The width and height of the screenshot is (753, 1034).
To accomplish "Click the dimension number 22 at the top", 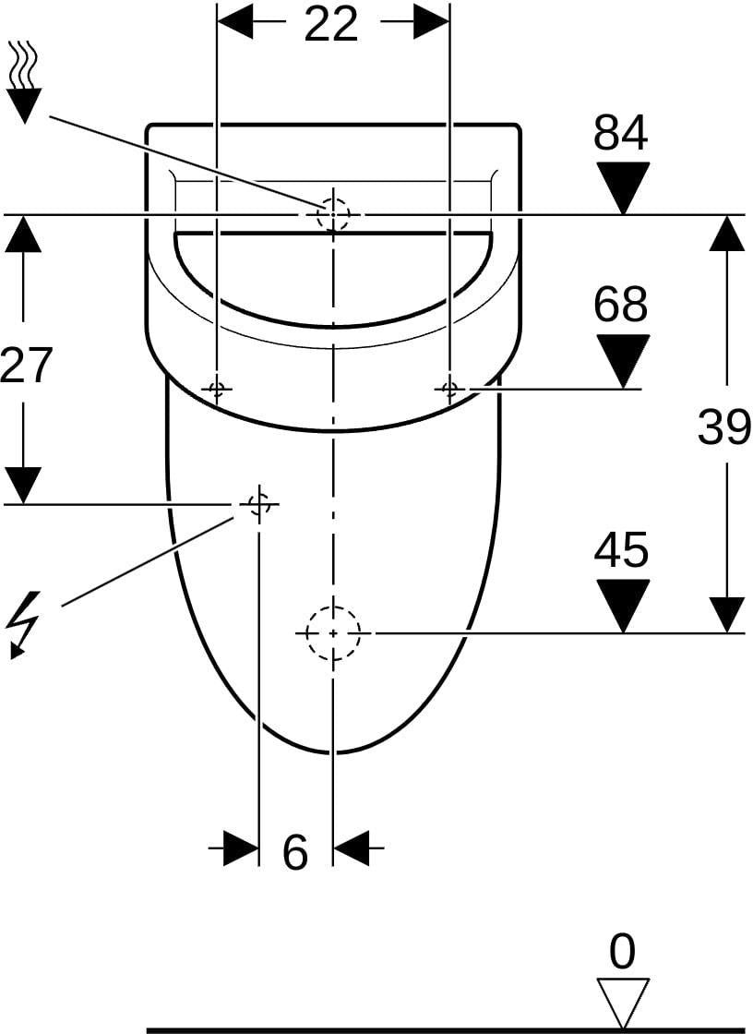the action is (x=330, y=24).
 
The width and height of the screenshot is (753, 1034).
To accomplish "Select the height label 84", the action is (x=620, y=132).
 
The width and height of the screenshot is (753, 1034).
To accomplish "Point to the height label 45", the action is (x=620, y=549).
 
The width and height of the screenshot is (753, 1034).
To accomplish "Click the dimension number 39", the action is (x=724, y=426).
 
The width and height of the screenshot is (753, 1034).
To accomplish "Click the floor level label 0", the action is (x=622, y=951).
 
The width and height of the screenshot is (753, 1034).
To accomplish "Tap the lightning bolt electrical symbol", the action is (x=22, y=624).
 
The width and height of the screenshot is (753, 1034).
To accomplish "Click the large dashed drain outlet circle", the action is (x=333, y=606).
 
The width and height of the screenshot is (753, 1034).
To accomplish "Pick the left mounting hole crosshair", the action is (x=216, y=389).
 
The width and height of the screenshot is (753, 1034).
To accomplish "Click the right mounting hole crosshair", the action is (x=449, y=389).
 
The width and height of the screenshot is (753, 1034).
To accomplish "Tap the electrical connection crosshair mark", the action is (x=259, y=504).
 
